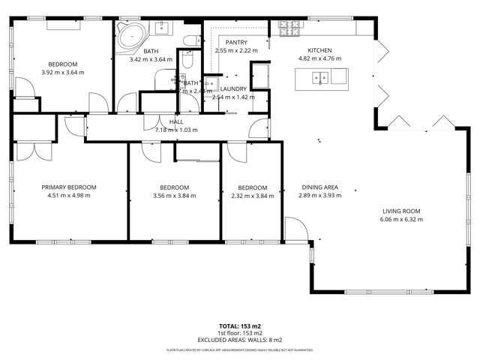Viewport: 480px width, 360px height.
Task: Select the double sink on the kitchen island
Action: pos(322,76)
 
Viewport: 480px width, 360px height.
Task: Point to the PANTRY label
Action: pos(236,43)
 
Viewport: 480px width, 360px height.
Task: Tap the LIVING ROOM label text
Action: pos(401,211)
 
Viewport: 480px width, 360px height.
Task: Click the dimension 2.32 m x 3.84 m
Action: pos(252,196)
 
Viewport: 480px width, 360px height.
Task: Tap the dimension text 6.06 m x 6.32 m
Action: pos(401,220)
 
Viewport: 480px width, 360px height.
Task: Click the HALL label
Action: pos(176,121)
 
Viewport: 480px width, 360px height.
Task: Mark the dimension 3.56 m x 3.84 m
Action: pos(174,196)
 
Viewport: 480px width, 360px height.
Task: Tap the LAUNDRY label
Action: pos(233,88)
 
